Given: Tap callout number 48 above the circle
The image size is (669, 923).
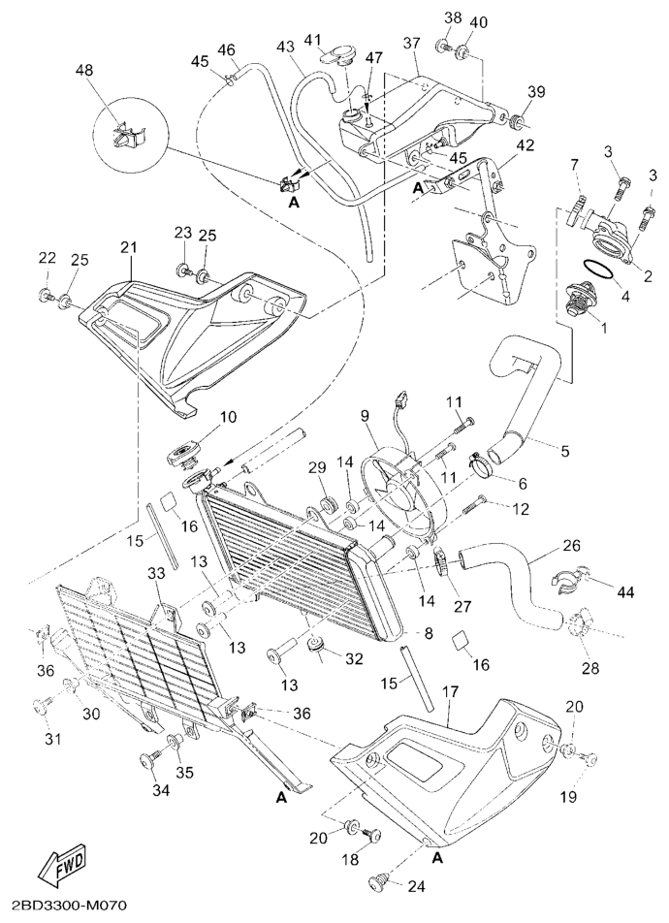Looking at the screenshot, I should [84, 71].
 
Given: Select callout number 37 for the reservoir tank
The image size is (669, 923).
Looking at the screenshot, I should [411, 43].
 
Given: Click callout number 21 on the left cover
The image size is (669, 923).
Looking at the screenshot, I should [128, 247].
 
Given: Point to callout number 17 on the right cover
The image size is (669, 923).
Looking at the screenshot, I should [450, 692].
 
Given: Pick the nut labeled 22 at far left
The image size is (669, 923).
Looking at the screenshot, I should [47, 293].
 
